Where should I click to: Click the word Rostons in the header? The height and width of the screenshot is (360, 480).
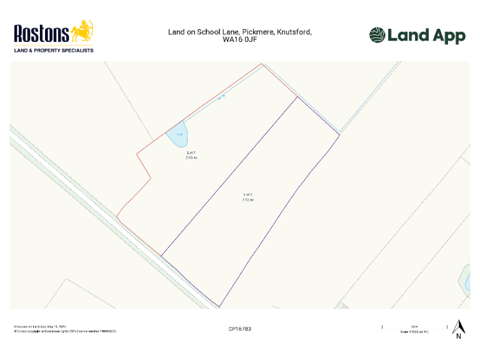[x=41, y=33]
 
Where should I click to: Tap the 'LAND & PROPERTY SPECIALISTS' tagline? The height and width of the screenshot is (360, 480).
[x=54, y=50]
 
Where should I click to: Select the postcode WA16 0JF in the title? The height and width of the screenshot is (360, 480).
[x=240, y=39]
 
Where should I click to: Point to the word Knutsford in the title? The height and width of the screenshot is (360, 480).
[x=294, y=31]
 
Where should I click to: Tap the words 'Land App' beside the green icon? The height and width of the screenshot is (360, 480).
[x=426, y=36]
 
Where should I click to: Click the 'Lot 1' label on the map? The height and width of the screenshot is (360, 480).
[x=191, y=152]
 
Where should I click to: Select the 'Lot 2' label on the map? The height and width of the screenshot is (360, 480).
[x=247, y=195]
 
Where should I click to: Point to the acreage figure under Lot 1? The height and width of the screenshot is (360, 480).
[x=191, y=158]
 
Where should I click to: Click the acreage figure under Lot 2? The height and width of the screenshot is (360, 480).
[x=247, y=200]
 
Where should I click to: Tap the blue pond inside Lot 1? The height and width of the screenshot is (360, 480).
[x=179, y=135]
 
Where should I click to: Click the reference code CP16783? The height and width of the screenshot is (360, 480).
[x=241, y=328]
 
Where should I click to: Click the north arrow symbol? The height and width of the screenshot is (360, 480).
[x=458, y=327]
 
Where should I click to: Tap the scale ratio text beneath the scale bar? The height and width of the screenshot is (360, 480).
[x=414, y=332]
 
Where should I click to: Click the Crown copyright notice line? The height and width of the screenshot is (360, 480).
[x=65, y=331]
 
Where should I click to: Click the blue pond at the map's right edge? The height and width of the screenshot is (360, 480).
[x=466, y=279]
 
